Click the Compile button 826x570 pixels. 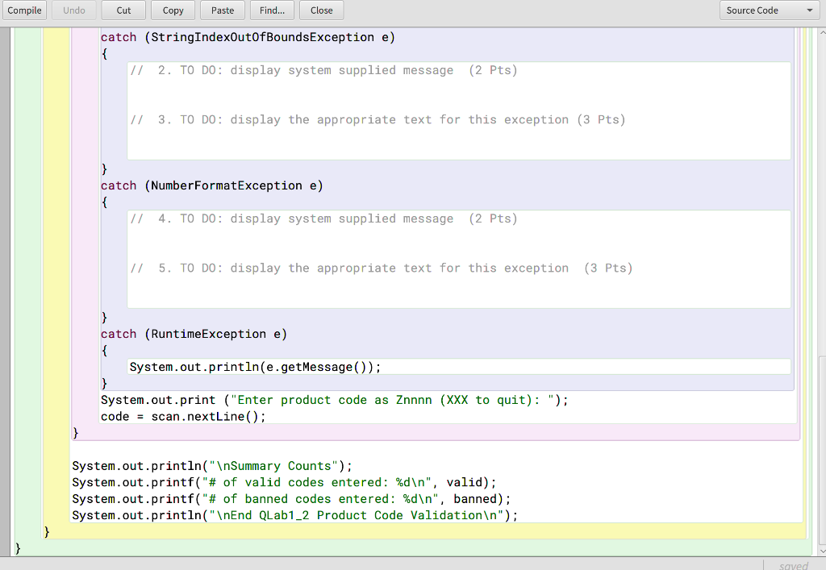24,10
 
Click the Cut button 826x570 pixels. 123,10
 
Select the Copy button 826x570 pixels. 173,10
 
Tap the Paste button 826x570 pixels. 223,10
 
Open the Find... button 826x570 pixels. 272,10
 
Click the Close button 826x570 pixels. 321,10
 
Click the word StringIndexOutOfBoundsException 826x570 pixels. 262,37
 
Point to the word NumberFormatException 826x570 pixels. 227,185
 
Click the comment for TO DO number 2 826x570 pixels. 323,70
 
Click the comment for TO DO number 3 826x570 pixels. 377,120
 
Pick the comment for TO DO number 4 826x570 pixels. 323,218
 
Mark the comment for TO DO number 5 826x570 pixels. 381,268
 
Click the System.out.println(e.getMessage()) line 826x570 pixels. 255,367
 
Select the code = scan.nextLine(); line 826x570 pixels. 183,417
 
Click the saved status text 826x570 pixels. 793,565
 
